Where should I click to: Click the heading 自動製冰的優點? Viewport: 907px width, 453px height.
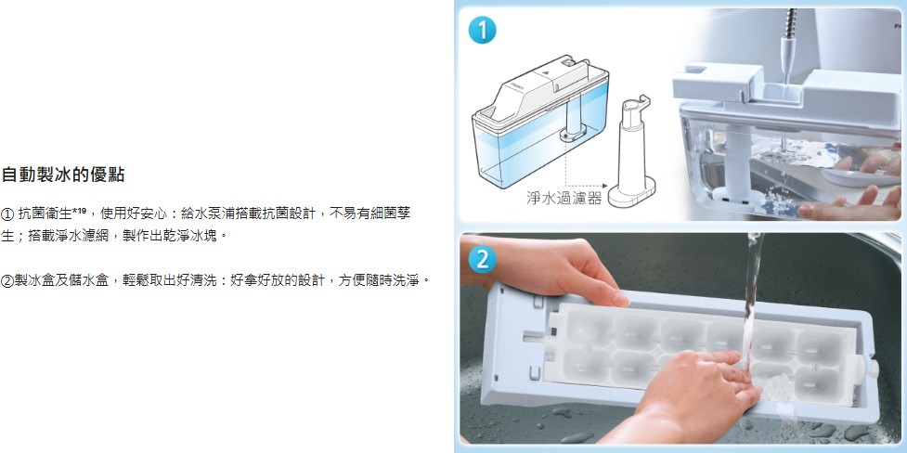point(63,175)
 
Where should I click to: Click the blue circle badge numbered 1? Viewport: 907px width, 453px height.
point(482,30)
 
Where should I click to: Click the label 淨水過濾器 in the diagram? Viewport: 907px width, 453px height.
point(564,199)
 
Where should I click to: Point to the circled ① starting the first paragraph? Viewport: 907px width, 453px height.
point(7,214)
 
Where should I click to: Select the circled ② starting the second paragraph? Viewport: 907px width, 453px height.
point(7,282)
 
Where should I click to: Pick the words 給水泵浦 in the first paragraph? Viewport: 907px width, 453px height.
point(208,214)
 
